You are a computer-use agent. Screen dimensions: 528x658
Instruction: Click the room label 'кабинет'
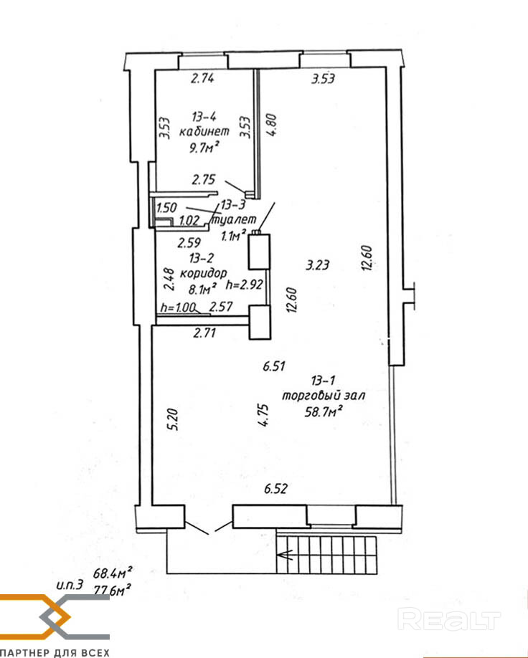pyautogui.click(x=204, y=131)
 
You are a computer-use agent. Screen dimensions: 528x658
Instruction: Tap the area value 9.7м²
pyautogui.click(x=204, y=147)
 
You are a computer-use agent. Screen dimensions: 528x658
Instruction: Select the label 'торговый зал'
pyautogui.click(x=323, y=396)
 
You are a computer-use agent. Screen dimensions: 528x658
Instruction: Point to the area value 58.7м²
pyautogui.click(x=323, y=411)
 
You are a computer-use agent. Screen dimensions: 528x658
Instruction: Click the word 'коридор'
pyautogui.click(x=203, y=274)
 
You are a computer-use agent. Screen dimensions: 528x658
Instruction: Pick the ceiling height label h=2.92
pyautogui.click(x=245, y=285)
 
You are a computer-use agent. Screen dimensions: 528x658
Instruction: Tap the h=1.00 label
pyautogui.click(x=178, y=307)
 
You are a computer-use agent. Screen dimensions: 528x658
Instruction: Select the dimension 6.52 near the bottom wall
pyautogui.click(x=276, y=489)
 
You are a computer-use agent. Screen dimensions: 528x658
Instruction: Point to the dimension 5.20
pyautogui.click(x=174, y=419)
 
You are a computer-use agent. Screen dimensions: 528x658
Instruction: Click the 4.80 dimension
pyautogui.click(x=272, y=125)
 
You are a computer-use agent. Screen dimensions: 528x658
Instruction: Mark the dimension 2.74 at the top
pyautogui.click(x=203, y=78)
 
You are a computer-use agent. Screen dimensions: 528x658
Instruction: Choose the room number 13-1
pyautogui.click(x=323, y=381)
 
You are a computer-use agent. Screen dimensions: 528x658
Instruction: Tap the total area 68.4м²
pyautogui.click(x=113, y=572)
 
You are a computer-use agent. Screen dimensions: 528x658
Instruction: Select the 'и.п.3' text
pyautogui.click(x=70, y=585)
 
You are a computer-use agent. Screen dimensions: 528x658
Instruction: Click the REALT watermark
pyautogui.click(x=449, y=619)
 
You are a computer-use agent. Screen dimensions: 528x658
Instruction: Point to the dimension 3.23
pyautogui.click(x=317, y=264)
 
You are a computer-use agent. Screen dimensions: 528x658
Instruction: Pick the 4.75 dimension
pyautogui.click(x=263, y=416)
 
